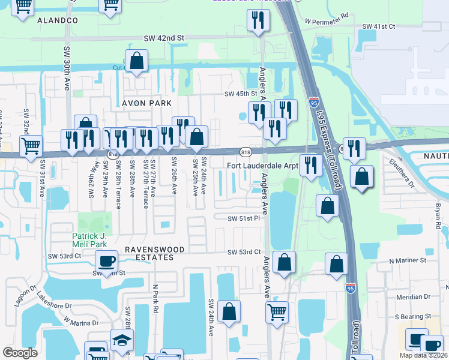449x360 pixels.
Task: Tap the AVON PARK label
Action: point(147,103)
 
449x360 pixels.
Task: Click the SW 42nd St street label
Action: point(163,38)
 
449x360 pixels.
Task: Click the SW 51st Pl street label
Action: point(244,218)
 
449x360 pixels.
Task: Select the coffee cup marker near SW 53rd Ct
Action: point(107,261)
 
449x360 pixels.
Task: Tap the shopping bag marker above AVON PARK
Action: point(137,61)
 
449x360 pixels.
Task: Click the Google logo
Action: point(20,353)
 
